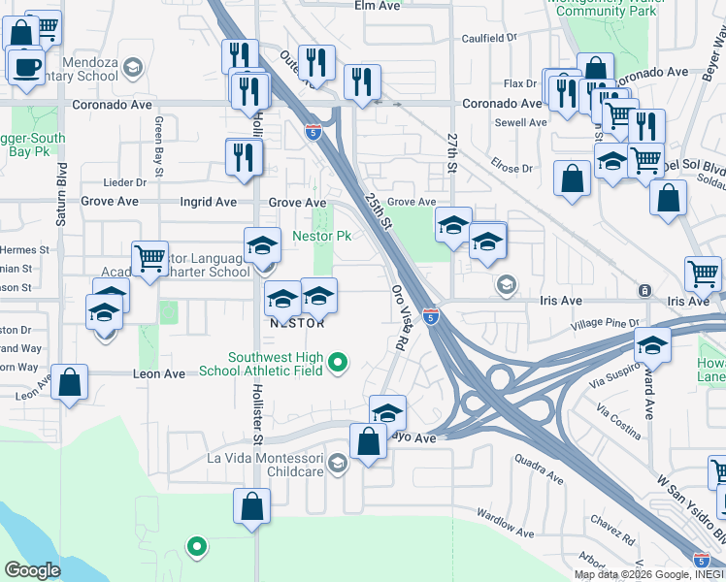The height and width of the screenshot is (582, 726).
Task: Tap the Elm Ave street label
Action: tap(378, 6)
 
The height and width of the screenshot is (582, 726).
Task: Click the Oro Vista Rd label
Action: tap(398, 317)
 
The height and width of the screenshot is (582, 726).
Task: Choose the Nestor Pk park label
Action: tap(321, 236)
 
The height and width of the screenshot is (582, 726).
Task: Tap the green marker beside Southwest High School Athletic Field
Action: tap(338, 364)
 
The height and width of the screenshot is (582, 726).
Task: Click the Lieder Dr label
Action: tap(126, 182)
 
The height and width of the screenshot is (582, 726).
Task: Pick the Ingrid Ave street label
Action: tap(209, 203)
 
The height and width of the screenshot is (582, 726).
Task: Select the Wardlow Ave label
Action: tap(503, 525)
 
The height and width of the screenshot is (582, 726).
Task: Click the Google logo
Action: tap(31, 570)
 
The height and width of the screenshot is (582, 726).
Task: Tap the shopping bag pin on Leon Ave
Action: tap(70, 381)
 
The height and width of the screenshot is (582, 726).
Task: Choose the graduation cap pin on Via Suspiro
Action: tap(653, 346)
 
